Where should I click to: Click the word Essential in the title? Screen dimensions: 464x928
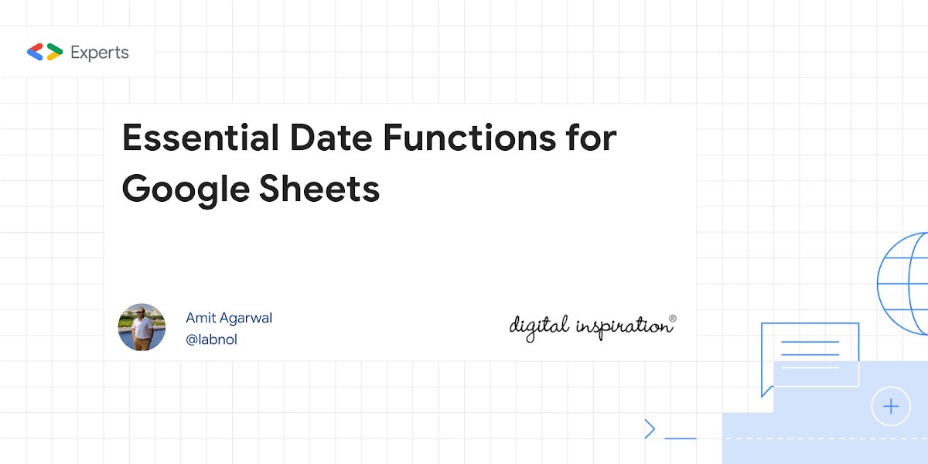[x=200, y=138]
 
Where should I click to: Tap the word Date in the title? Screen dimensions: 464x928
[x=329, y=138]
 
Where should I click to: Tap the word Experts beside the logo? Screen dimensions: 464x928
[x=99, y=53]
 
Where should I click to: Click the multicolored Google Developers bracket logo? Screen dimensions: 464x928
[x=45, y=53]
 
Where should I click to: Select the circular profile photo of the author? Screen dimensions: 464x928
[x=142, y=327]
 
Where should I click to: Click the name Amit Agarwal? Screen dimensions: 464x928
[x=229, y=318]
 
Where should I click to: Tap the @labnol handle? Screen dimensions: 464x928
[x=211, y=339]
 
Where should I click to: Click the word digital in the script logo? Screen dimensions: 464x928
[x=539, y=326]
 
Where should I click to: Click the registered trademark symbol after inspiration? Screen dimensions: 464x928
[x=672, y=318]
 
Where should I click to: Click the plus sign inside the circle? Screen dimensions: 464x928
[x=891, y=406]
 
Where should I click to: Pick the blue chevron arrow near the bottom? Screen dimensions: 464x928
[x=650, y=428]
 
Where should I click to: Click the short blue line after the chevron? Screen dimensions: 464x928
[x=681, y=438]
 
